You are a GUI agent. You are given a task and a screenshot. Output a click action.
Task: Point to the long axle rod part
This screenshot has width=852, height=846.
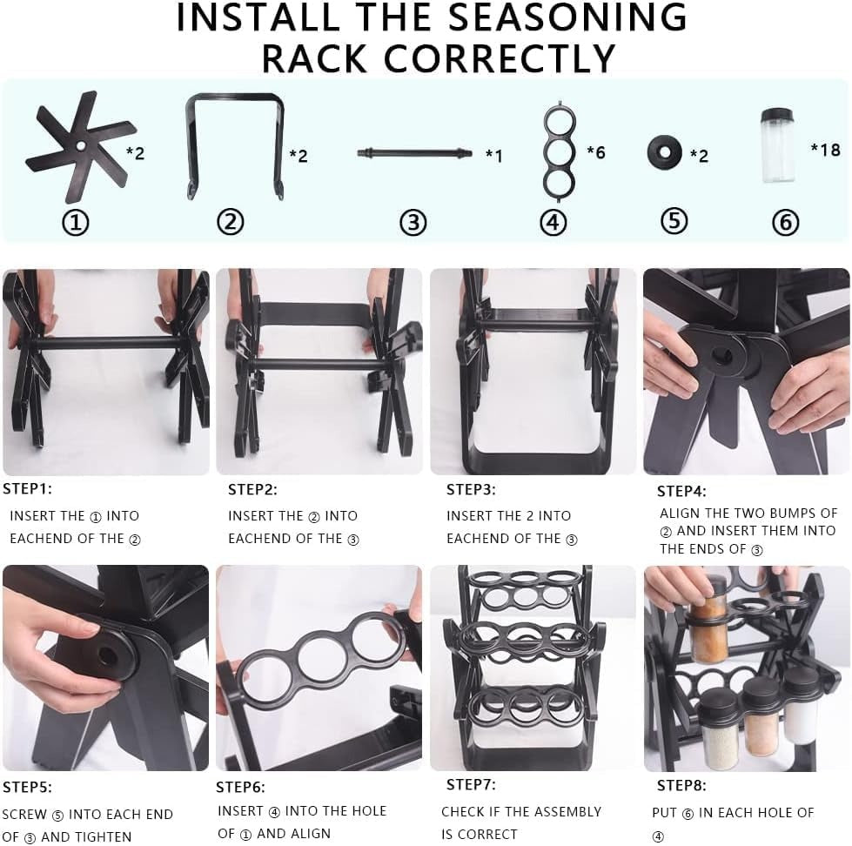point(414,153)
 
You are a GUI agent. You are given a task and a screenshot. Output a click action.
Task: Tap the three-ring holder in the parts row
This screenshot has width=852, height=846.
point(557,150)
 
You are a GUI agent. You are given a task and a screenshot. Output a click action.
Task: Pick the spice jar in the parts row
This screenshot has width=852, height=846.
point(777,145)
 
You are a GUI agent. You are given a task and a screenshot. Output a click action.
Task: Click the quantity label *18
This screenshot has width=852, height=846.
point(825,150)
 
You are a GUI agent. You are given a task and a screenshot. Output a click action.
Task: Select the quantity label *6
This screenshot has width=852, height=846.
point(595,153)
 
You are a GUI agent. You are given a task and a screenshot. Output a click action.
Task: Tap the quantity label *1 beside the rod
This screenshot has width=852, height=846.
point(493,156)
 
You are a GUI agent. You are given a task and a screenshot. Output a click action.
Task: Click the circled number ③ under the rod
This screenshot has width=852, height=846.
point(413,223)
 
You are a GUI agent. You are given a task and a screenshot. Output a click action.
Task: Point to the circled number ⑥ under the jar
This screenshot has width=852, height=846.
point(785,223)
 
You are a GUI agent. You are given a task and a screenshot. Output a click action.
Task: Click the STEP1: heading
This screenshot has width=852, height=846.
point(27,489)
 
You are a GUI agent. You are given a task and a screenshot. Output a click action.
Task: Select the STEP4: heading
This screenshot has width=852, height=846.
point(681,492)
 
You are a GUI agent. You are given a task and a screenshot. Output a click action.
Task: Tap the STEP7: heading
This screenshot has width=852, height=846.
point(471,785)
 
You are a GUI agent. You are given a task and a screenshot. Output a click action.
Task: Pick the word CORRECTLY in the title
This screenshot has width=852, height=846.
point(500,59)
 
